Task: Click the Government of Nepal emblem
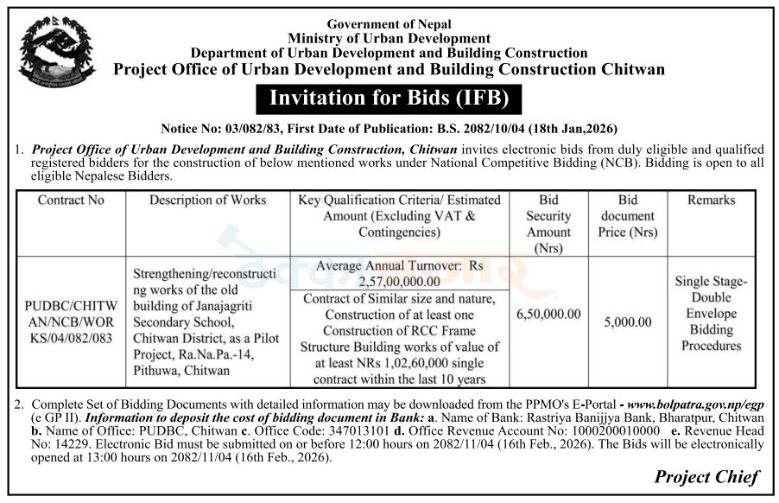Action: pos(54,53)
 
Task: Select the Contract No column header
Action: pos(71,201)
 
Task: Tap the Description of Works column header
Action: pos(207,201)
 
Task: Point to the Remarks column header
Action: pos(711,201)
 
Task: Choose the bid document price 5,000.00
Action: pos(627,322)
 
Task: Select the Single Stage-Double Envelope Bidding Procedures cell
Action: pos(711,314)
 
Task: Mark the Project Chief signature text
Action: pos(706,476)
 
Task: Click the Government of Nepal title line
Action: pos(389,24)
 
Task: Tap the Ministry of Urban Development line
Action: pos(389,39)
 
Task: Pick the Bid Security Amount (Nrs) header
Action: pos(548,223)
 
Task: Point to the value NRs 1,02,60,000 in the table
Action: pos(406,363)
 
